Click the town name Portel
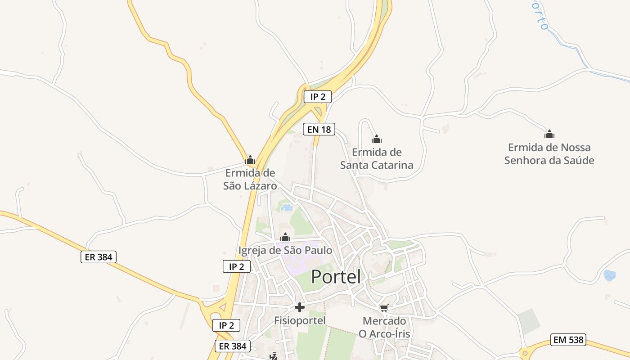tap(336, 277)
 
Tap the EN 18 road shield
tap(319, 130)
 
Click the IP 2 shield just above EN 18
tap(317, 96)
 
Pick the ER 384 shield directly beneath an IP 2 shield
tap(232, 346)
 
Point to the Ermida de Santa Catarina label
tap(377, 158)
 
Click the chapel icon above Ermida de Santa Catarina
tap(377, 139)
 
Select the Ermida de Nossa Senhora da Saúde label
tap(549, 154)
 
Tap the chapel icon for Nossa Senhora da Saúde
tap(549, 134)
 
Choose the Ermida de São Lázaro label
tap(250, 179)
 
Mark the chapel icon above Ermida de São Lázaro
tap(250, 160)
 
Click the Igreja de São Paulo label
tap(285, 251)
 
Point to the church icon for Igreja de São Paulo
tap(285, 237)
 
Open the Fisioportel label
tap(299, 320)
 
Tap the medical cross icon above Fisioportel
tap(299, 307)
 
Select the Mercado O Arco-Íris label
tap(384, 327)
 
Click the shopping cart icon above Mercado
tap(384, 308)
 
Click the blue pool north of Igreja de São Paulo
tap(286, 208)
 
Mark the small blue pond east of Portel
tap(609, 275)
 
